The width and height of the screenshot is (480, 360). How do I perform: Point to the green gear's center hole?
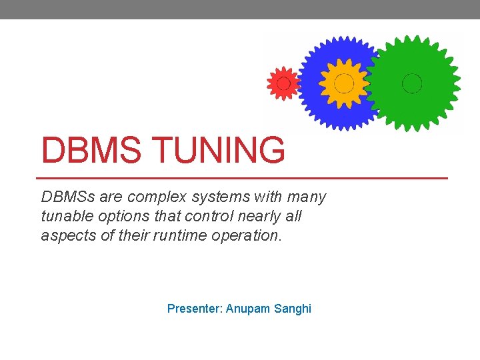[412, 83]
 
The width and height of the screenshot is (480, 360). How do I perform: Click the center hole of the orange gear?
[344, 83]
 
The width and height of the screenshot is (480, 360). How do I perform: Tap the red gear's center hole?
[283, 83]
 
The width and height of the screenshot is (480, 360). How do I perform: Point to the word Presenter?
[194, 309]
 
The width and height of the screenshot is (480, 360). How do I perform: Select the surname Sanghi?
[293, 309]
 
